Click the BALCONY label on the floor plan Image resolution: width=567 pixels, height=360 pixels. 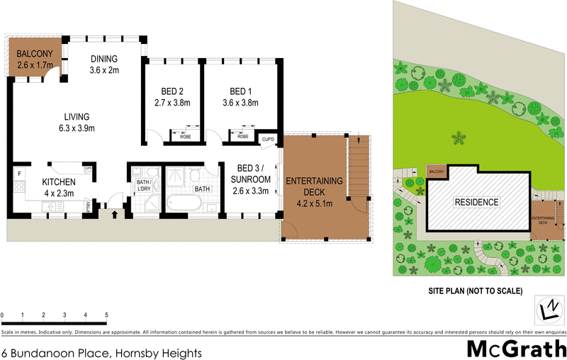(34, 52)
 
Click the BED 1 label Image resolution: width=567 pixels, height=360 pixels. (240, 91)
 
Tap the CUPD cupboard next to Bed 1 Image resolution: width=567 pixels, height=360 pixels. (267, 140)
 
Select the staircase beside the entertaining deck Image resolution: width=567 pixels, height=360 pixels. (358, 173)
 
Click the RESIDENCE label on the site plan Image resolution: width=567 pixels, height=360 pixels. (477, 202)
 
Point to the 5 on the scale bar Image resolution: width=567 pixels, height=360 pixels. (106, 314)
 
